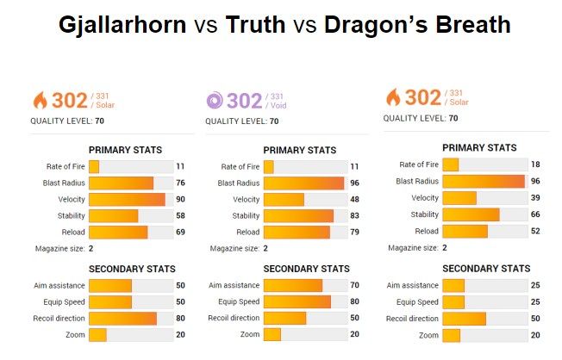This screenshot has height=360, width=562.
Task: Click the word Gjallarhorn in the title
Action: [x=123, y=25]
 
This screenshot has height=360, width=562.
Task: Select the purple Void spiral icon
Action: [x=215, y=101]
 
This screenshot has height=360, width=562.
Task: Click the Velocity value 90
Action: [x=181, y=199]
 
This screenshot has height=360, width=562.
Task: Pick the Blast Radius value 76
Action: [x=181, y=183]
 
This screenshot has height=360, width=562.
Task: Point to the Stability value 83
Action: [x=355, y=215]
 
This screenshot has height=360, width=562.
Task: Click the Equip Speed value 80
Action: [x=355, y=301]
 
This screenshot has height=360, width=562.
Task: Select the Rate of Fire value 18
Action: [x=536, y=164]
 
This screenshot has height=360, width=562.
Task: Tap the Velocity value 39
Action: [x=536, y=198]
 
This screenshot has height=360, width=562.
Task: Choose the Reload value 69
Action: [x=181, y=232]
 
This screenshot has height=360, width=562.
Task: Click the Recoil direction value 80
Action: [x=181, y=318]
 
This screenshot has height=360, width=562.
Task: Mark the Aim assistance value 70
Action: [x=355, y=285]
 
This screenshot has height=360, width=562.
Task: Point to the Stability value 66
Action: [x=536, y=214]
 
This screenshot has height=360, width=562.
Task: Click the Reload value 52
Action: [x=536, y=231]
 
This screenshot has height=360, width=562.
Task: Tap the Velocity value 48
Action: [x=355, y=199]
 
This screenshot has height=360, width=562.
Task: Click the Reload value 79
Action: [x=355, y=232]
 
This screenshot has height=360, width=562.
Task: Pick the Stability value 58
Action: [x=181, y=215]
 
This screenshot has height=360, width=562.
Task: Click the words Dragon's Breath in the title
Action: [x=417, y=25]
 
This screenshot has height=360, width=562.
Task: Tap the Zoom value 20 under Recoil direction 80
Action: [x=181, y=334]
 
